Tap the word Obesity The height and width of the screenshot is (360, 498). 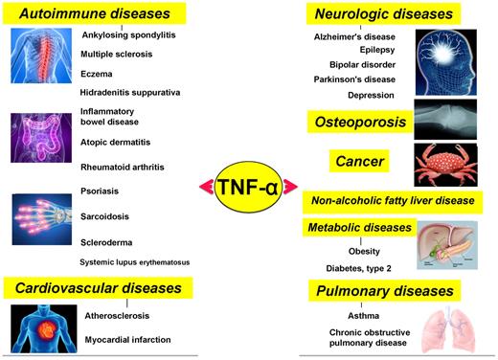click(364, 251)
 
